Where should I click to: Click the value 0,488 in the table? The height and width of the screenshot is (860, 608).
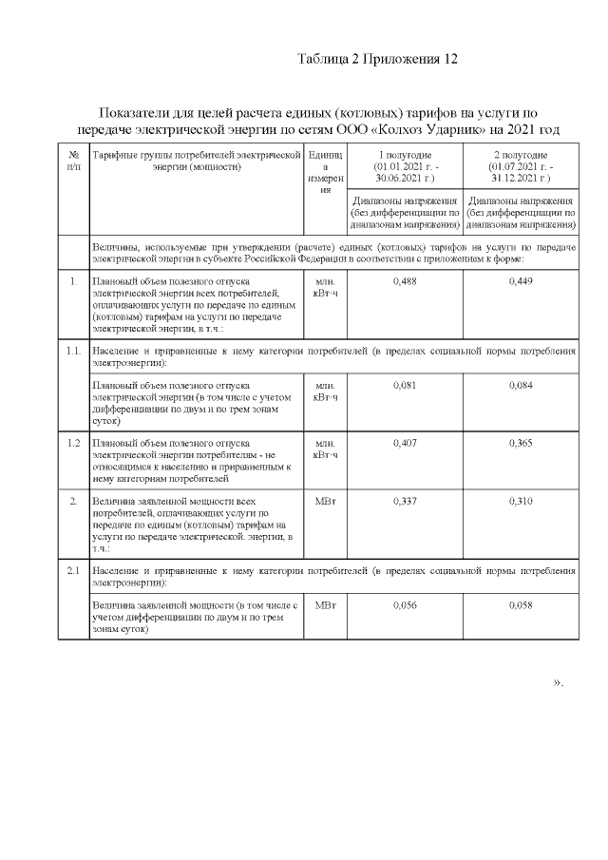click(405, 281)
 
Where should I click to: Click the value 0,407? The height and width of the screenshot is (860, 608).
click(405, 443)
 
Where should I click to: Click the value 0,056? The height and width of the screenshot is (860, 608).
click(405, 604)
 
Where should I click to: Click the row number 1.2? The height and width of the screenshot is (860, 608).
click(73, 443)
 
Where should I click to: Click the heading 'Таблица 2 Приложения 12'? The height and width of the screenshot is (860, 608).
click(378, 59)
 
